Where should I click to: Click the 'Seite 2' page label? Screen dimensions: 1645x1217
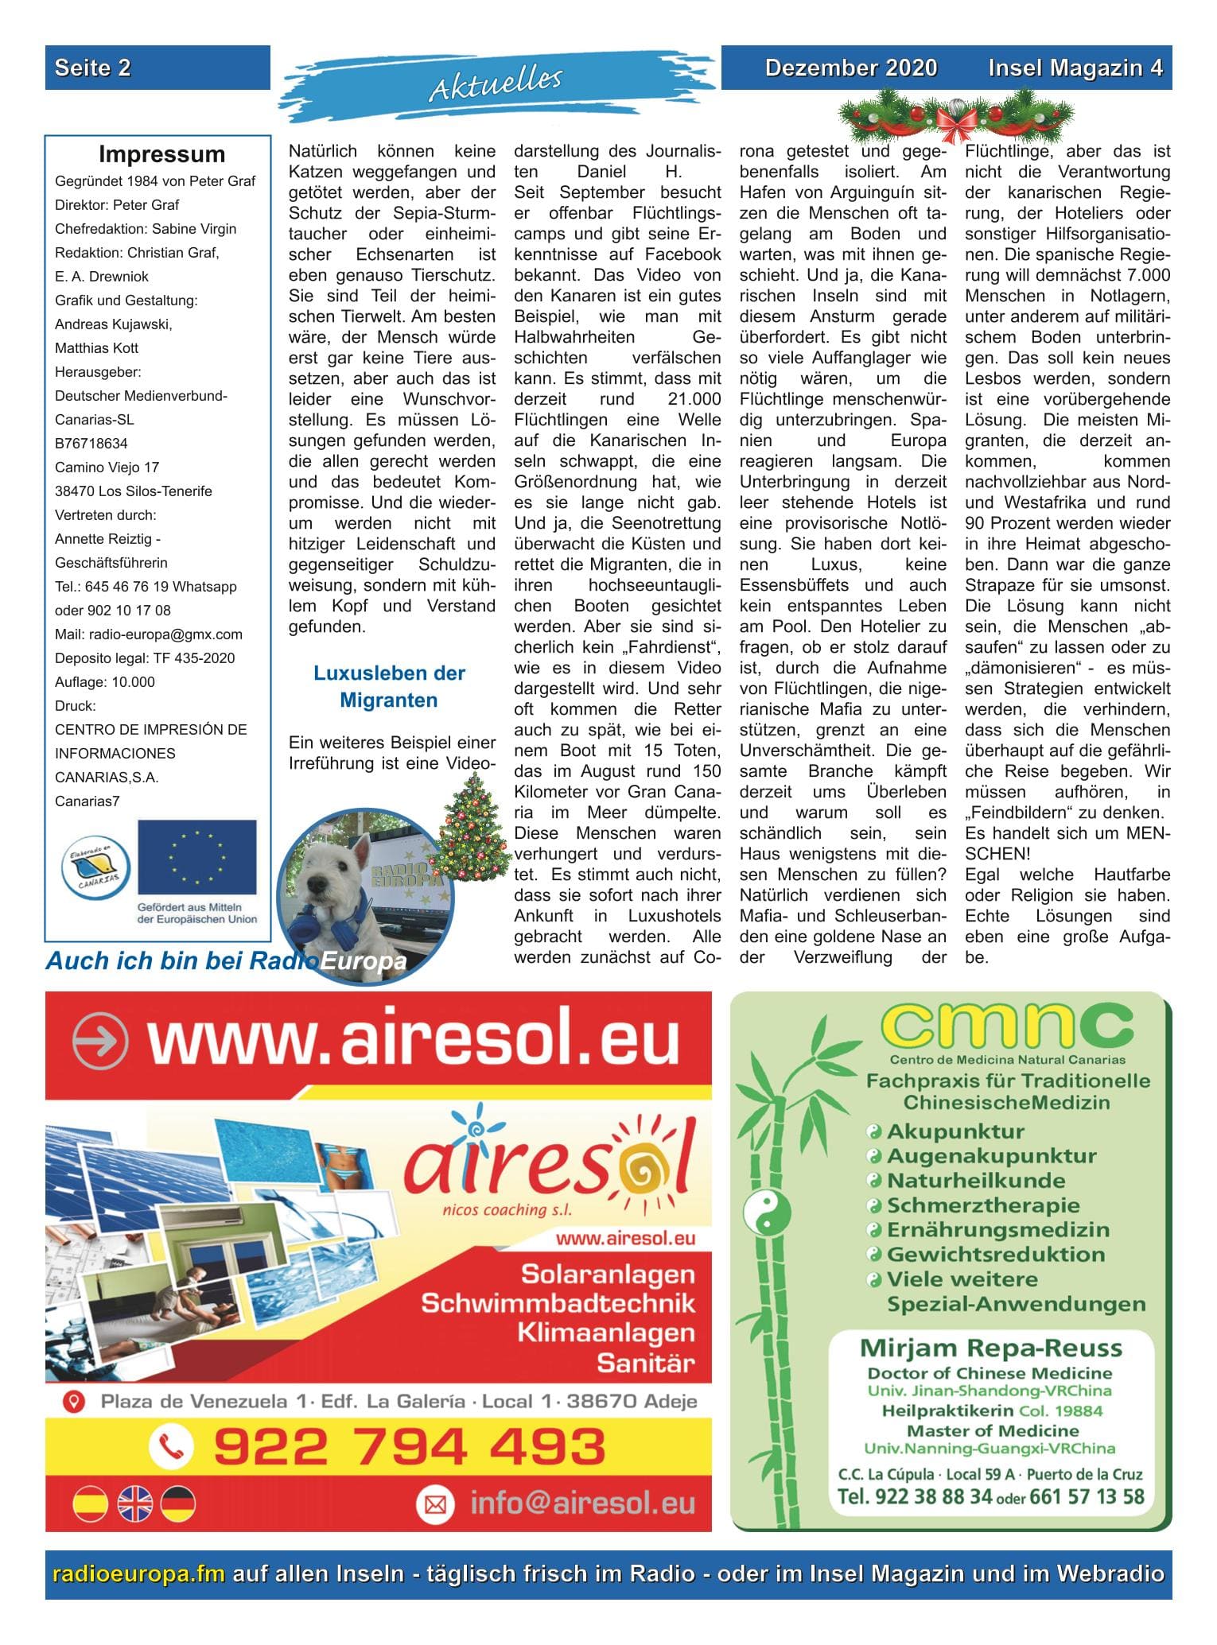[92, 68]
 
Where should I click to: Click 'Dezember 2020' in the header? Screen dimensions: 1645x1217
[850, 68]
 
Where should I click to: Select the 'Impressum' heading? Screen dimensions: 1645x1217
[161, 154]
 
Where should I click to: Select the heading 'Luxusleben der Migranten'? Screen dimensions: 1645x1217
[389, 687]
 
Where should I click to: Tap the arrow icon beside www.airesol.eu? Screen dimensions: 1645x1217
[99, 1041]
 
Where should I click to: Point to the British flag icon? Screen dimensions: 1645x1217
[135, 1504]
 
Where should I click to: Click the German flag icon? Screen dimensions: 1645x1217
[177, 1504]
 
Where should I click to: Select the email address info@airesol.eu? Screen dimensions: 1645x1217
[582, 1503]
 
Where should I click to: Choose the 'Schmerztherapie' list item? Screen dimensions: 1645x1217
[983, 1205]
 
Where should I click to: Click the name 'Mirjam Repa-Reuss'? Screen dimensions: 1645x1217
[990, 1348]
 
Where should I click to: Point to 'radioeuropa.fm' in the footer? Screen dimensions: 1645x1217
[138, 1573]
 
